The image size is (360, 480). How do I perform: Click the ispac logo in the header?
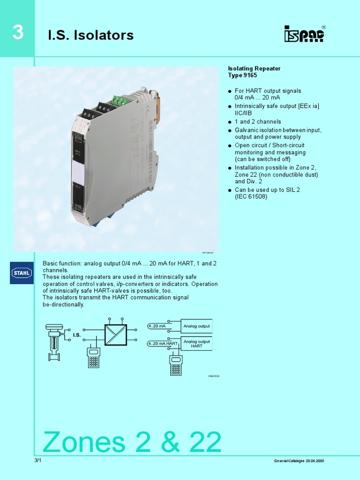(x=304, y=34)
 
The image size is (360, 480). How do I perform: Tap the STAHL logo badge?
(x=22, y=273)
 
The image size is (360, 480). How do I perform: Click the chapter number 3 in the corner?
(x=17, y=33)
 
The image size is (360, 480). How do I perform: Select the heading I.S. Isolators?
(x=91, y=35)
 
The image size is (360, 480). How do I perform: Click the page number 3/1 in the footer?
(x=38, y=461)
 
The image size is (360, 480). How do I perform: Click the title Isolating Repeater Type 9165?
(x=254, y=72)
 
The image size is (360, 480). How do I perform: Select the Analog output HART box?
(x=196, y=344)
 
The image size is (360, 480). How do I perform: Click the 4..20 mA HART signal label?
(x=163, y=344)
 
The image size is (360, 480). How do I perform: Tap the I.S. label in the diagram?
(x=77, y=335)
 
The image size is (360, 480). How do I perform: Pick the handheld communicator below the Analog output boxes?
(x=176, y=365)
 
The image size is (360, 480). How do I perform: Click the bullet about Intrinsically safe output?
(x=277, y=110)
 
